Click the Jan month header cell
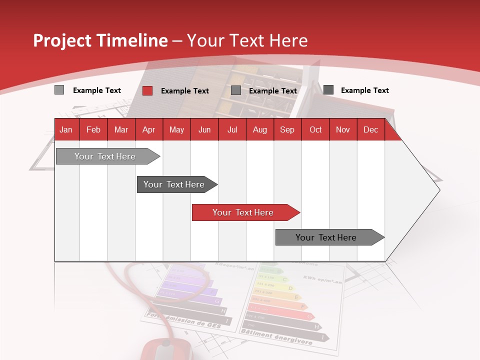click(x=66, y=129)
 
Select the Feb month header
click(x=93, y=129)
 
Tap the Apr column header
click(x=149, y=129)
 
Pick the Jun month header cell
click(x=204, y=129)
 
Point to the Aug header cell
click(x=260, y=129)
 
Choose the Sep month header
click(x=287, y=129)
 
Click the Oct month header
click(x=315, y=129)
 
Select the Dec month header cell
click(x=371, y=129)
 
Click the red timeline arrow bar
click(x=245, y=212)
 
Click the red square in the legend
click(x=147, y=90)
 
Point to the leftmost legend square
click(x=59, y=90)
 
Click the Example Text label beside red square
click(x=185, y=90)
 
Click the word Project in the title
click(x=62, y=40)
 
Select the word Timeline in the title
click(x=132, y=40)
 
